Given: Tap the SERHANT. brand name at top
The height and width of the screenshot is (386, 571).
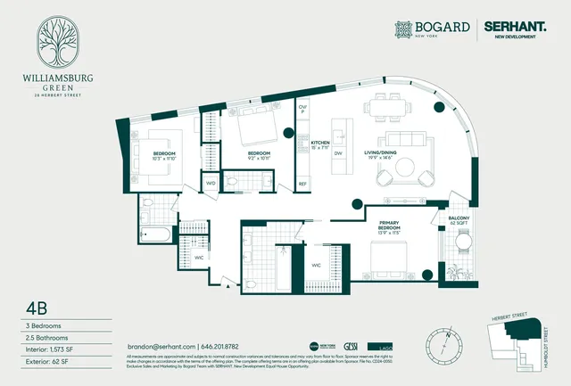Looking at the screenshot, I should (516, 29).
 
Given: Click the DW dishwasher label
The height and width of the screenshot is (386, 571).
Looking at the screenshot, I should (338, 153).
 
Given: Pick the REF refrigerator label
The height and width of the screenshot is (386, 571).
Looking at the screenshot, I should (302, 184).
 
